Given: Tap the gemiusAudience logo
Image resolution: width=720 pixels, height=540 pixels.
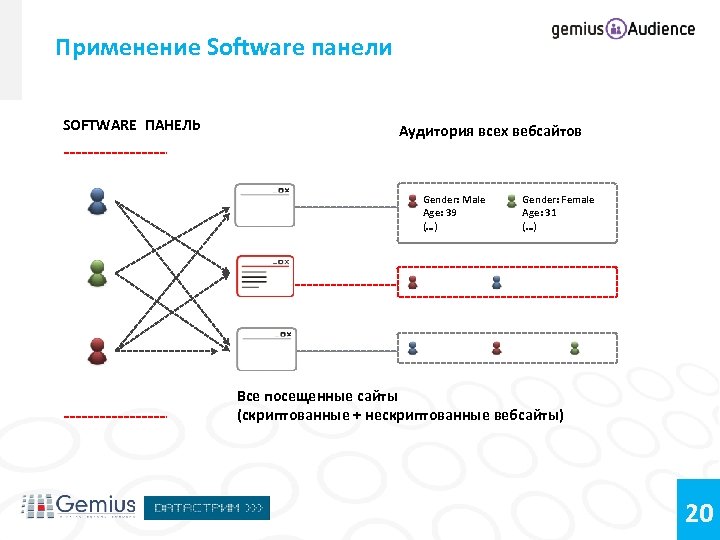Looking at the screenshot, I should point(623,29).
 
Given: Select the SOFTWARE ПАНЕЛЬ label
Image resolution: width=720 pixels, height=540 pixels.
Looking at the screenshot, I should point(131,125).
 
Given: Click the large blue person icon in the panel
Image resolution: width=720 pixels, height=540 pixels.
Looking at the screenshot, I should point(97,201).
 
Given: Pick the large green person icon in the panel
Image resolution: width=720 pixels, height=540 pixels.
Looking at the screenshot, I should point(97,273).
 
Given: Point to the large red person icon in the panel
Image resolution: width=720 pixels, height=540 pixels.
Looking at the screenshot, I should point(97,350).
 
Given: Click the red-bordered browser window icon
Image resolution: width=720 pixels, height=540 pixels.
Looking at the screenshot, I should point(265,276).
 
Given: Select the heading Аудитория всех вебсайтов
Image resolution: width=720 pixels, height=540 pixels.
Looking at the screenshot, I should point(490,131).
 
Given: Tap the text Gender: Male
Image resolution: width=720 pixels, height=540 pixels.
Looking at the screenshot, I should point(453,200).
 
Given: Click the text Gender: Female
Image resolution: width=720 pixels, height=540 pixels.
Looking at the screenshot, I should point(557,200).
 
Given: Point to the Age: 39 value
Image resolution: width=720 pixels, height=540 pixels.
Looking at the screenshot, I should point(440,213).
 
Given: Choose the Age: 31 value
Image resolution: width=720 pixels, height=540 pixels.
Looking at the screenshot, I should point(539,213).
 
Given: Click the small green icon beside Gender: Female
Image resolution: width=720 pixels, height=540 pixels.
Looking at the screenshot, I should point(511,201).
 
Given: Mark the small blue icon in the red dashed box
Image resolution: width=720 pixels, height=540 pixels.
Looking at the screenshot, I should point(496,283).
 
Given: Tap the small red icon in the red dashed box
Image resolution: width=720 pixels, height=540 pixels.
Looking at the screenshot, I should point(412,283).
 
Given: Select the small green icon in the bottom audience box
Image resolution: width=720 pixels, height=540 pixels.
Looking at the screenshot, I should point(574,348).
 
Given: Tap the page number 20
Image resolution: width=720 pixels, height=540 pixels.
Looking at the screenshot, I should point(699,513).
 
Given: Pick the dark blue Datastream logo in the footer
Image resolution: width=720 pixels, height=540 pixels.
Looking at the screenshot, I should point(207,508).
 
